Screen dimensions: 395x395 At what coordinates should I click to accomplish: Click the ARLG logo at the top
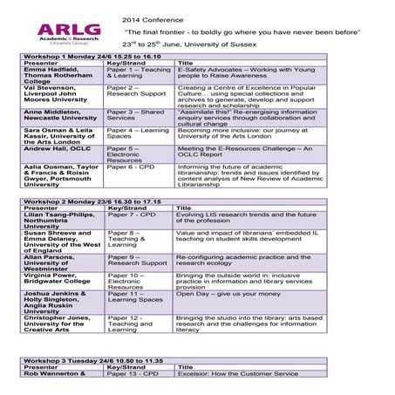pyautogui.click(x=69, y=38)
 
